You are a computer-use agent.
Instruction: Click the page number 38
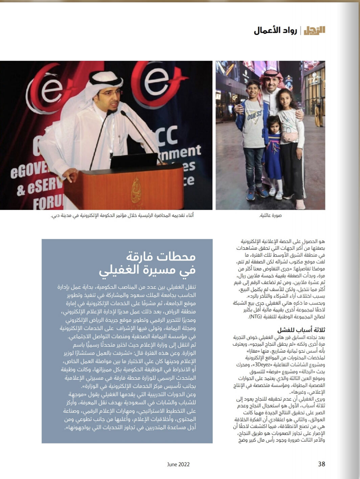click(x=321, y=464)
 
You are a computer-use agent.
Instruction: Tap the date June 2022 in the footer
click(x=178, y=464)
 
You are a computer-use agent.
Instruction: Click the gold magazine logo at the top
click(x=314, y=30)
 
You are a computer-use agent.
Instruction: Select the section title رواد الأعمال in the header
click(x=275, y=30)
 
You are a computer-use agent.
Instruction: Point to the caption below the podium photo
click(x=122, y=216)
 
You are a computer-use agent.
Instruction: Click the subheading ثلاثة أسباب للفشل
click(x=301, y=330)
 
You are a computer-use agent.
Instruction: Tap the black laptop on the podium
click(x=134, y=161)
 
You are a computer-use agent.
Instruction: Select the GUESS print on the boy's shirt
click(x=254, y=116)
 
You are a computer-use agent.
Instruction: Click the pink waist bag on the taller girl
click(x=290, y=137)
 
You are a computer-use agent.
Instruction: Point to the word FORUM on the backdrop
click(x=47, y=202)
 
